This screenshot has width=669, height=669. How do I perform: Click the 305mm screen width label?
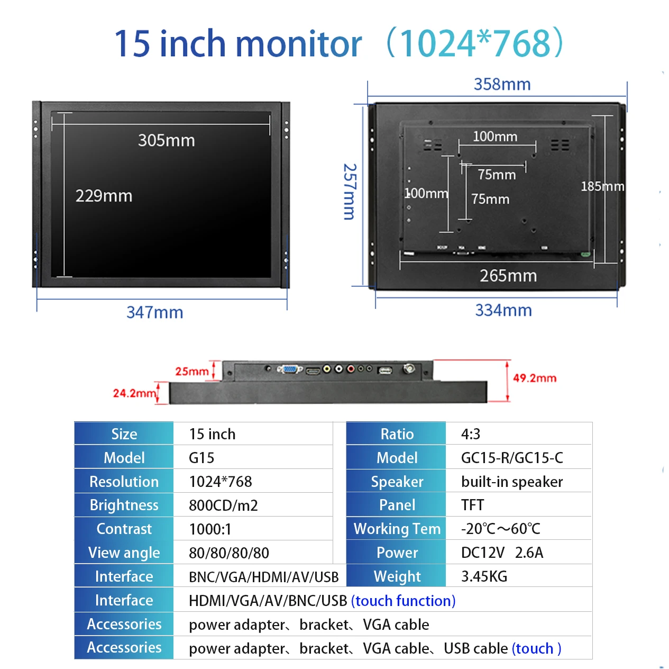[x=166, y=140]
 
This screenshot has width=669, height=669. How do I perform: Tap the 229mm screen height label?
[x=104, y=196]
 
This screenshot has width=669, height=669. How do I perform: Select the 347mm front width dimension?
[x=154, y=312]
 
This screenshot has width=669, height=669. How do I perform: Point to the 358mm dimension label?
[x=502, y=84]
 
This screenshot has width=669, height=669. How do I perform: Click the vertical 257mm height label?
[x=350, y=191]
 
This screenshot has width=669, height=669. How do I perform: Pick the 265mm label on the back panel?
[x=508, y=276]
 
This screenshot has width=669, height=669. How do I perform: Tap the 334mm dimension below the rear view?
[x=503, y=310]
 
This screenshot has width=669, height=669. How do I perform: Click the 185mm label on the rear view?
[x=602, y=186]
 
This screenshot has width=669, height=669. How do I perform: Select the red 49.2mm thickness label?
[x=534, y=378]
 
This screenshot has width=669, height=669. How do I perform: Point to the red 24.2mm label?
[x=134, y=393]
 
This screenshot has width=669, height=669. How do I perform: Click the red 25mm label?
[x=191, y=372]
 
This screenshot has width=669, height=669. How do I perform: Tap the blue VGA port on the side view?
[x=289, y=369]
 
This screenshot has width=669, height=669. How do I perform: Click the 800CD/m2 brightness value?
[x=223, y=505]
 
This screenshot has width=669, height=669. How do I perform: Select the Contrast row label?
[x=124, y=529]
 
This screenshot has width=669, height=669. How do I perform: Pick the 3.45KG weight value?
[x=484, y=576]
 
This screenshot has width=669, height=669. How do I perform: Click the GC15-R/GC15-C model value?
[x=512, y=458]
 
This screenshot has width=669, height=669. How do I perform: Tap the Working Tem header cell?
[x=397, y=529]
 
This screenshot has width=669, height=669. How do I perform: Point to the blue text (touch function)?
[x=403, y=601]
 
